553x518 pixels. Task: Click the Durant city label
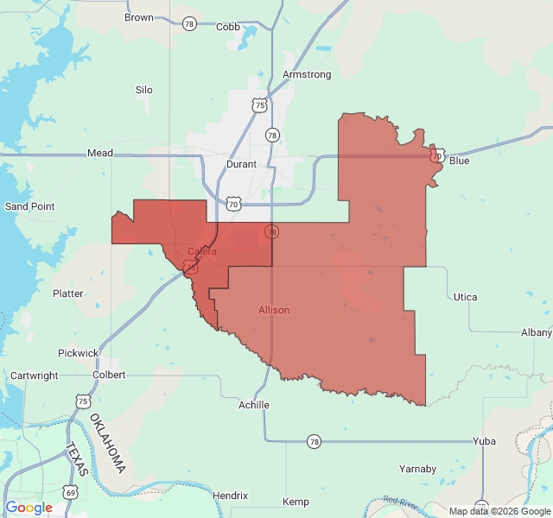[241, 162]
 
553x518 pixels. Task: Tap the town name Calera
[202, 251]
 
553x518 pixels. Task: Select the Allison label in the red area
[274, 310]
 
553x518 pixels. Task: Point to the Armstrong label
[307, 75]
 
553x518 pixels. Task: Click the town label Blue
[460, 161]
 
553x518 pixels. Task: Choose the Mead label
[100, 153]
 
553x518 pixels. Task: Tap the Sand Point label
[30, 206]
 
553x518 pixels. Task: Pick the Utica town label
[465, 297]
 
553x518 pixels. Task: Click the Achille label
[254, 405]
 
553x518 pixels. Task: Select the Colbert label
[109, 375]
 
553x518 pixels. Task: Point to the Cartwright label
[35, 376]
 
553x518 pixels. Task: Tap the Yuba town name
[484, 441]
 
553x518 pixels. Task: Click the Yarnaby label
[417, 469]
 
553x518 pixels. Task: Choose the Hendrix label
[230, 496]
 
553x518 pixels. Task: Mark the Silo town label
[144, 90]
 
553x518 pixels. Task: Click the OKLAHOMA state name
[107, 444]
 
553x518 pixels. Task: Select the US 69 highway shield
[71, 492]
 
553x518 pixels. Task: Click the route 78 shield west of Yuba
[314, 441]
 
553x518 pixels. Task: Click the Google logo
[29, 508]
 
